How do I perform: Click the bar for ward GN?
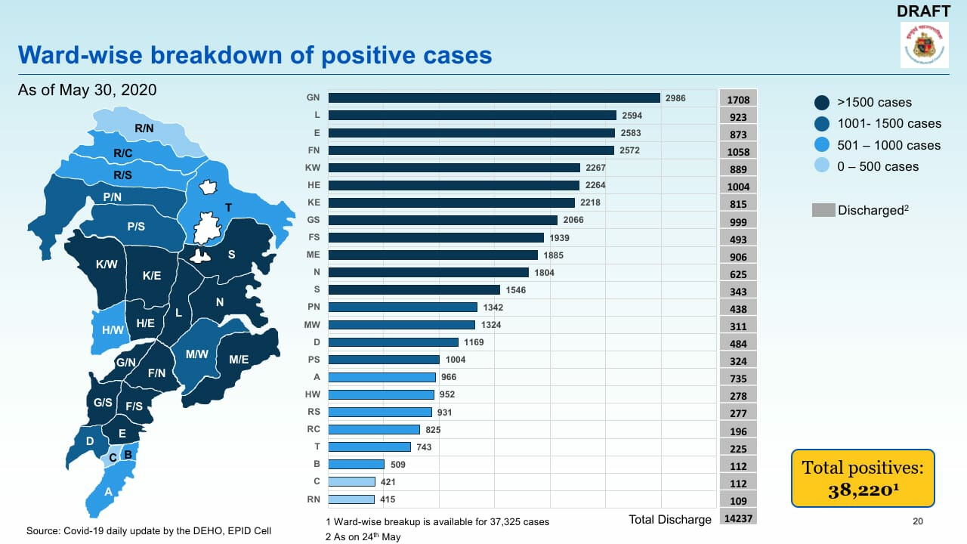(x=494, y=97)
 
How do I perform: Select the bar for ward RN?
(x=351, y=499)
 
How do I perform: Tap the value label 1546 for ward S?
(x=517, y=290)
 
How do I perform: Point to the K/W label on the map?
(x=107, y=265)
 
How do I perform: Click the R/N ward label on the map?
(x=144, y=129)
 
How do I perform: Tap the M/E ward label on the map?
(x=239, y=360)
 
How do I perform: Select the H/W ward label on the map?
(x=113, y=330)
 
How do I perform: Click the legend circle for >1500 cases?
(x=823, y=103)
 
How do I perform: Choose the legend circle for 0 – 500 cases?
(x=823, y=166)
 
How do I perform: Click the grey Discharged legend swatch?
(x=823, y=210)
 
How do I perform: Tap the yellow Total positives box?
(x=862, y=478)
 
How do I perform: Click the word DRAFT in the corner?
(x=923, y=11)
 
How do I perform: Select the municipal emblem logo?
(x=924, y=45)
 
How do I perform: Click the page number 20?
(x=918, y=521)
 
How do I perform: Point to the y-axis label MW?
(x=313, y=325)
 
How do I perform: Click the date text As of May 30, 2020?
(x=87, y=90)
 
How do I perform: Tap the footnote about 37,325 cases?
(x=437, y=521)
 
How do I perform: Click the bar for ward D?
(x=393, y=342)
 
